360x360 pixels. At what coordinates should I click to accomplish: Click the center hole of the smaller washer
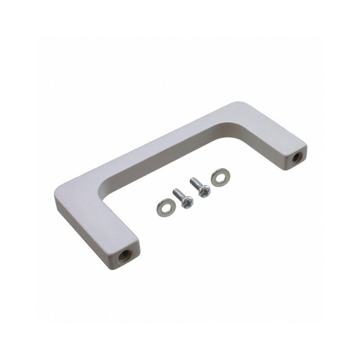[x=165, y=207]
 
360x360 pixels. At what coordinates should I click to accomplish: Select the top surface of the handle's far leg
[x=270, y=130]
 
